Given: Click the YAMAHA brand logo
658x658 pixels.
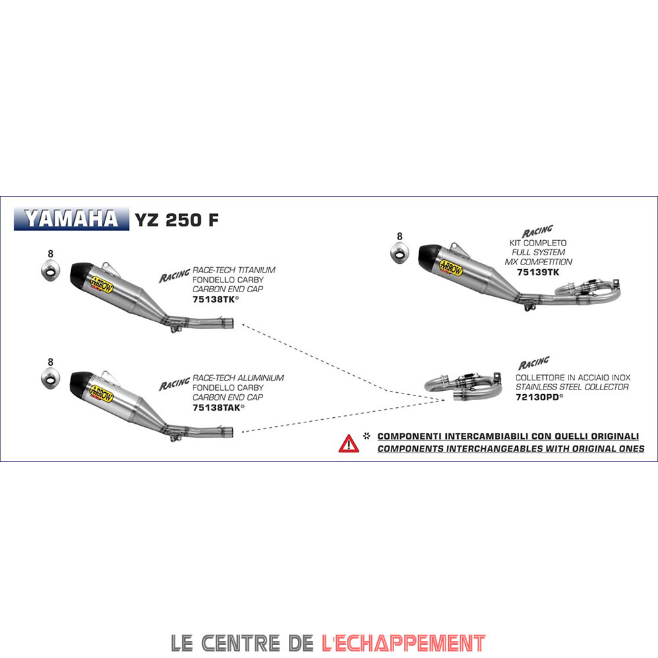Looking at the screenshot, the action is [x=71, y=218].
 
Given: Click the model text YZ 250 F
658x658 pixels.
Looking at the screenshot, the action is [x=176, y=220].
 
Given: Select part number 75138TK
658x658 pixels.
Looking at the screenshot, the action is [x=214, y=299].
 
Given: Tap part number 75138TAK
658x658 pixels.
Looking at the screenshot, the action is [x=216, y=407].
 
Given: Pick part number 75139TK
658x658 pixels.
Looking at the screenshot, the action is [x=538, y=272].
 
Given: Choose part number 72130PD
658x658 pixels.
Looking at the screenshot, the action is [x=537, y=397].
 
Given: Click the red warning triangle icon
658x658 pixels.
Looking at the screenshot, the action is [x=349, y=444].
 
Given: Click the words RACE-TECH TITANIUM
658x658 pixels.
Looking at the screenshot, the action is [x=234, y=270].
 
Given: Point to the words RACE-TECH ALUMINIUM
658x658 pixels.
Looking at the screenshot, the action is [x=238, y=378].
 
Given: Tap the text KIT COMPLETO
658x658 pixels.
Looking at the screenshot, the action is [x=538, y=243].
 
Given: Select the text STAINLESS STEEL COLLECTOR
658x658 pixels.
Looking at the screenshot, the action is [x=572, y=387].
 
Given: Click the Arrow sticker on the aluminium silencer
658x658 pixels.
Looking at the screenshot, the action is [x=101, y=394].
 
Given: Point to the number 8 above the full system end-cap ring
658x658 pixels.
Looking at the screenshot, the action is [x=399, y=237].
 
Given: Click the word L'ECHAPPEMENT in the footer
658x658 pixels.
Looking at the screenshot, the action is [x=403, y=643].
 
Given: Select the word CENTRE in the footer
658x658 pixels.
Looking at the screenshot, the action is [x=240, y=643].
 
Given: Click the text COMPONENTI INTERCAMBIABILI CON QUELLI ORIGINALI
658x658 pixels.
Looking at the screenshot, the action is [x=508, y=436].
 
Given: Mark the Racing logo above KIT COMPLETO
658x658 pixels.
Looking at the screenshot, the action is [x=537, y=231].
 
